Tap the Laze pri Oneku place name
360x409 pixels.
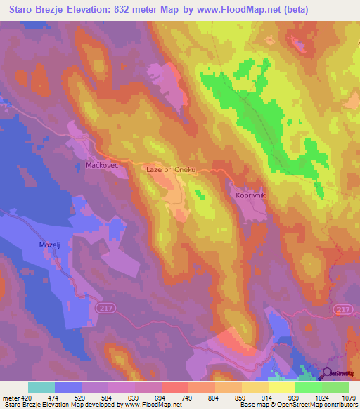click(179, 169)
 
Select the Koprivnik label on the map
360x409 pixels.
click(250, 195)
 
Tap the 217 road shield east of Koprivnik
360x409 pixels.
click(342, 310)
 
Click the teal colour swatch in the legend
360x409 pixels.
click(41, 387)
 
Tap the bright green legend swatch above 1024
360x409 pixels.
click(308, 387)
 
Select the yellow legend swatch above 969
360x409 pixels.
click(281, 387)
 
